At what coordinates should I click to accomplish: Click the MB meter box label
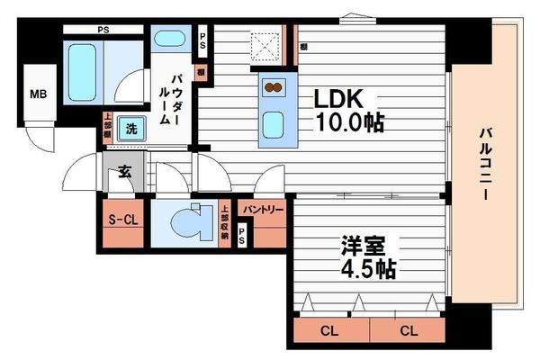(39, 94)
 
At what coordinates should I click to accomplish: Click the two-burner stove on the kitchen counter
(274, 88)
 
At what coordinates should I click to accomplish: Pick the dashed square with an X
(266, 42)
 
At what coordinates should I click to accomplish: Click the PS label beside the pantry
(241, 235)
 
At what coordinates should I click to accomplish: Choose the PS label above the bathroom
(103, 29)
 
